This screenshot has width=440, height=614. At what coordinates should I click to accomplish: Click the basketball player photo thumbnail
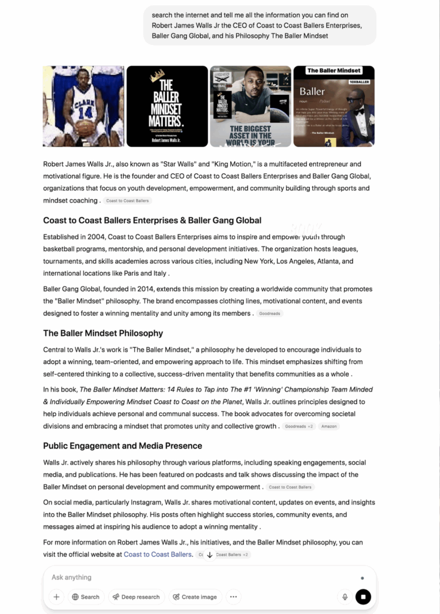coord(83,106)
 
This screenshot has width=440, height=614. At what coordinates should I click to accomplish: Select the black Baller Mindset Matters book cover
coord(167,106)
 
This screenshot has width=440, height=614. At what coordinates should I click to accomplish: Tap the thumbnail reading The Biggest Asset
coord(250,106)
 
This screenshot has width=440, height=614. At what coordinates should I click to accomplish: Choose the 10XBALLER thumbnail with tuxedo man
coord(333,106)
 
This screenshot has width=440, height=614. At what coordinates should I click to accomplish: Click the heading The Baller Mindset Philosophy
coord(103,333)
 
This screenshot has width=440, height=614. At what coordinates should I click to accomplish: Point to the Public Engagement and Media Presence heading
coord(122,446)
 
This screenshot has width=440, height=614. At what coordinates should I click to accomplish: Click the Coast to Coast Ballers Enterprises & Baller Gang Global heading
coord(152,221)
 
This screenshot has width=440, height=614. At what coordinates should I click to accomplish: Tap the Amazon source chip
coord(329,426)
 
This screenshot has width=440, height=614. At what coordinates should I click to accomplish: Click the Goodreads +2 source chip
coord(299,426)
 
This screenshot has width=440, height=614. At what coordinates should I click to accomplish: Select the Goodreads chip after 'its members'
coord(270,314)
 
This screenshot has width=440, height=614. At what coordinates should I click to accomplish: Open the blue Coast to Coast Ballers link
coord(158,555)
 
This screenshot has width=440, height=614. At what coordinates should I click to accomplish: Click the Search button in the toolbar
coord(86,597)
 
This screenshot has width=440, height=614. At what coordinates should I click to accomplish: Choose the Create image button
coord(194,597)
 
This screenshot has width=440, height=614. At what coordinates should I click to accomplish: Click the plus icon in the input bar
coord(56,597)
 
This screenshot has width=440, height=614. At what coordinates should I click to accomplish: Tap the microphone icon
coord(345,597)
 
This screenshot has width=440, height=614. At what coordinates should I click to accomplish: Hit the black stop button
coord(363,597)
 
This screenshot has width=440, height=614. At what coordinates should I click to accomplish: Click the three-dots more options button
coord(233,597)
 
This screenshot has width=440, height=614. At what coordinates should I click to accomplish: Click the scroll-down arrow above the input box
coord(210,555)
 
